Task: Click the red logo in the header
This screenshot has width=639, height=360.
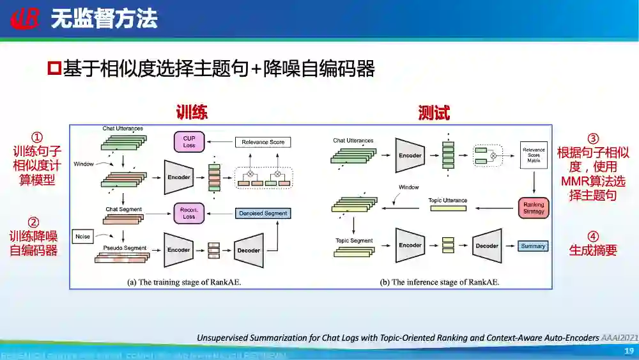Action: [x=25, y=19]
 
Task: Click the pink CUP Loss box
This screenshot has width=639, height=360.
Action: [x=189, y=142]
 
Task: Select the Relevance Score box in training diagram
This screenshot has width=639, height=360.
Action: [x=263, y=142]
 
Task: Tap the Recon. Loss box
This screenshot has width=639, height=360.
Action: [x=189, y=213]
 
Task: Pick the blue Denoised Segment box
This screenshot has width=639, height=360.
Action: [x=263, y=213]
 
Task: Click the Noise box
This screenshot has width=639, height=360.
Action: [x=83, y=237]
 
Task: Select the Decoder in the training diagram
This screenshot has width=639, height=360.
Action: [x=249, y=250]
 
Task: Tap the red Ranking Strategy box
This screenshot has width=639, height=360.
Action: [x=534, y=208]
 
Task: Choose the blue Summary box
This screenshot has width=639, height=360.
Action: [x=533, y=246]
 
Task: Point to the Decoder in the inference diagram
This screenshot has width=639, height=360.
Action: [x=487, y=246]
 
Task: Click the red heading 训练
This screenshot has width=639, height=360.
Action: [x=192, y=113]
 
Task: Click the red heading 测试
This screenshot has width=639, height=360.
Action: [x=434, y=113]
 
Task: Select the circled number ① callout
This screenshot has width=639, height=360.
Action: [x=37, y=137]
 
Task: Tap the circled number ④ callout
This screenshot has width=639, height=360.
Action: [x=593, y=236]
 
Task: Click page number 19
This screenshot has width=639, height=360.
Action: [x=628, y=351]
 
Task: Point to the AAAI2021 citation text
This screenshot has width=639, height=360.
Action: [x=619, y=337]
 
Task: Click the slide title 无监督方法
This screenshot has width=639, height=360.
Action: [x=104, y=19]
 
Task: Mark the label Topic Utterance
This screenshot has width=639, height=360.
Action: [x=447, y=200]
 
